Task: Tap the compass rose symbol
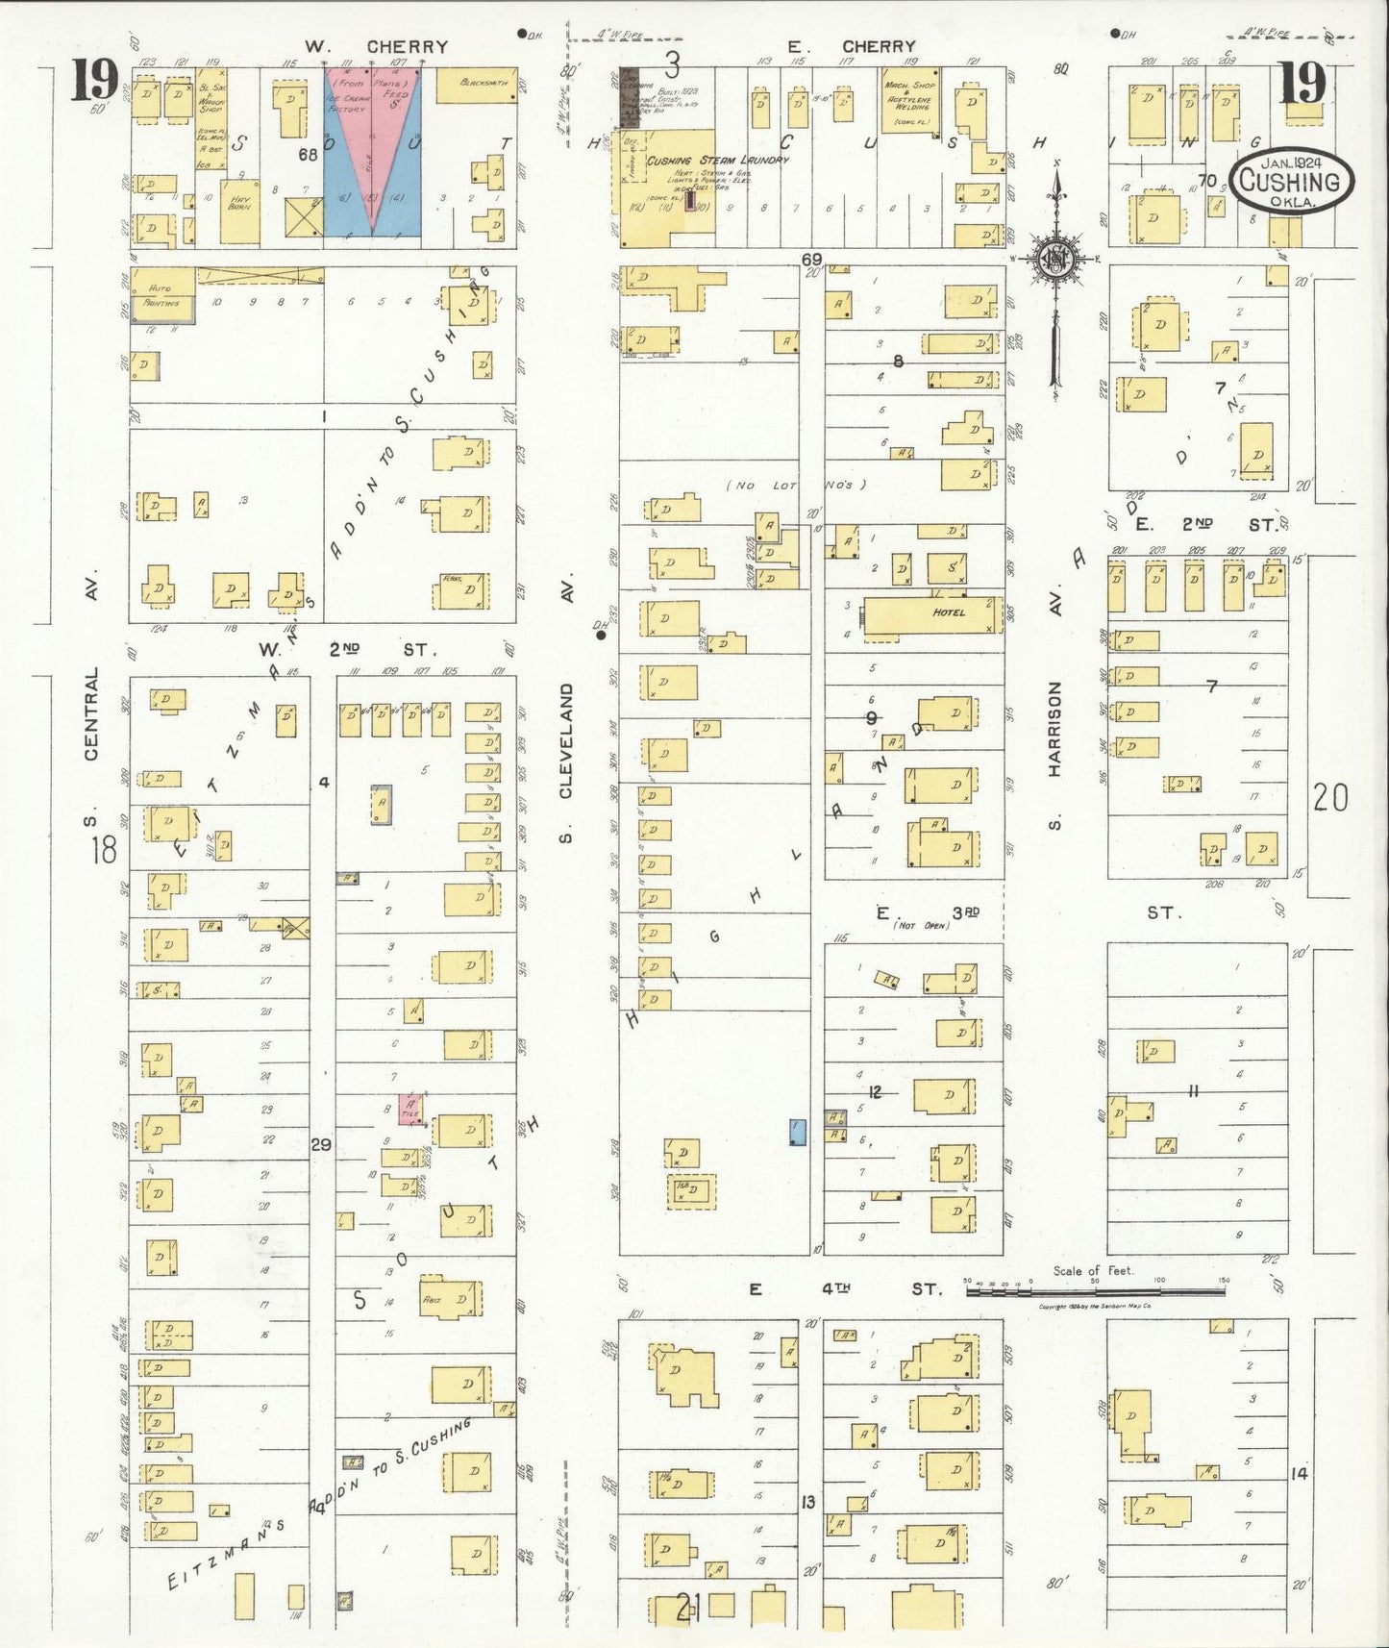[x=1054, y=259]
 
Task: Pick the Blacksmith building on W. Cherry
[x=477, y=85]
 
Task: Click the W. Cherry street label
[x=376, y=46]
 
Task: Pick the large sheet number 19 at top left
[x=93, y=83]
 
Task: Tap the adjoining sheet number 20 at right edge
[x=1330, y=797]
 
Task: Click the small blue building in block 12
[x=797, y=1132]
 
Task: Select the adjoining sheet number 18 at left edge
[x=103, y=849]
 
